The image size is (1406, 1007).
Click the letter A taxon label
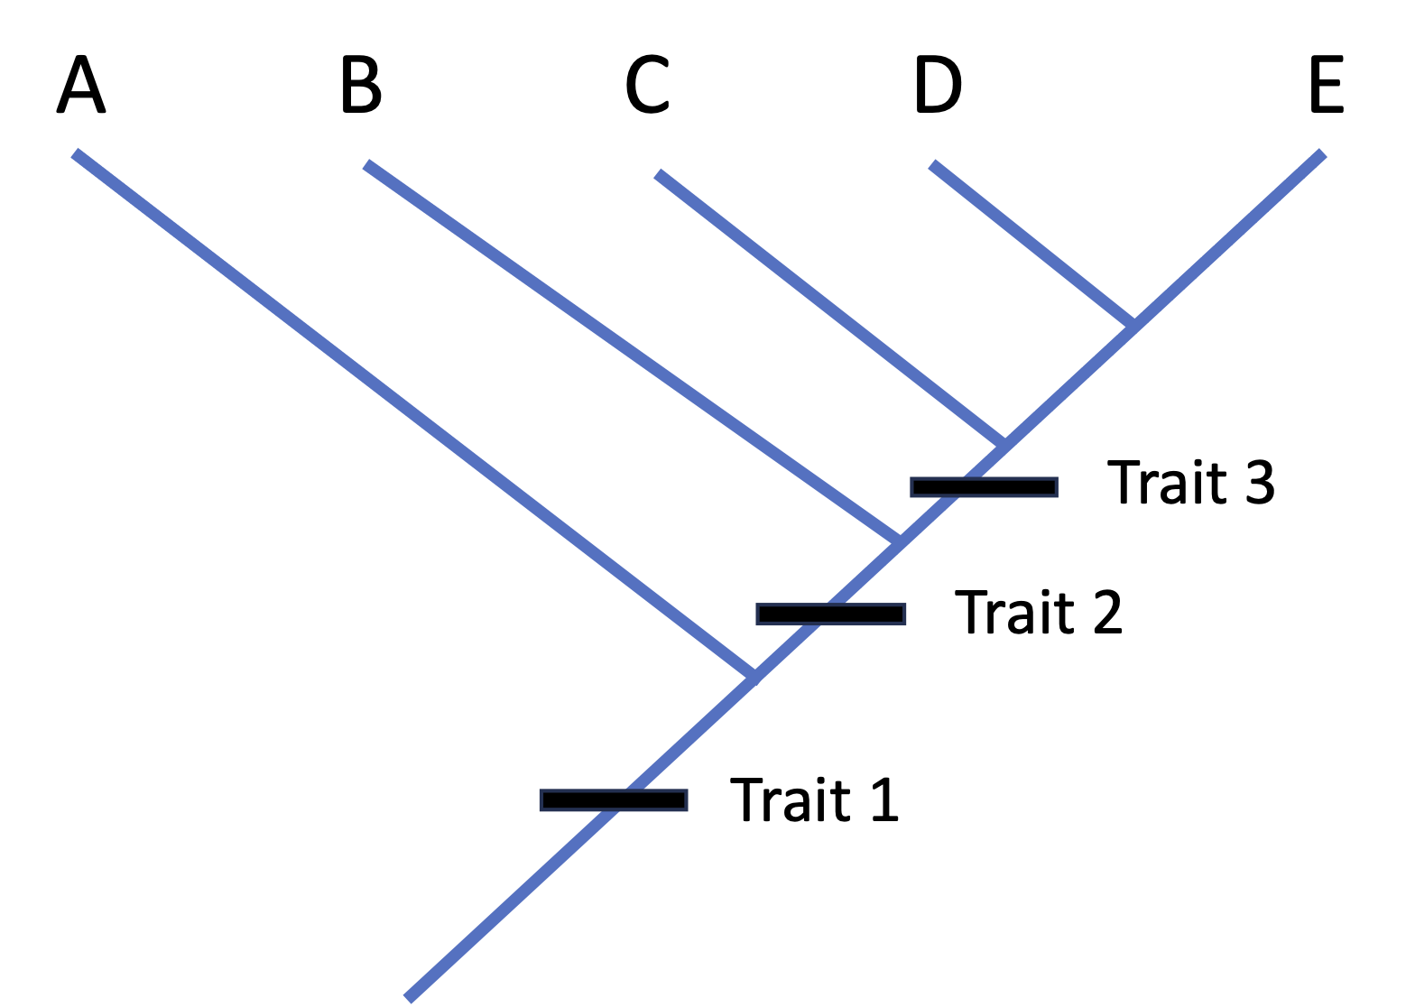click(x=81, y=85)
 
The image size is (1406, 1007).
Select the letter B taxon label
click(x=362, y=85)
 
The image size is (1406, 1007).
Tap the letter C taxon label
click(x=648, y=85)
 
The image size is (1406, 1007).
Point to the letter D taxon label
click(x=939, y=85)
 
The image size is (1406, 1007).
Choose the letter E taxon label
click(x=1327, y=85)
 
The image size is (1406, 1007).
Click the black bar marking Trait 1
click(x=614, y=799)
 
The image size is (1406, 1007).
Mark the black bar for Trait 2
click(x=830, y=614)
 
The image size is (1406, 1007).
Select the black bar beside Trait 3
click(x=984, y=487)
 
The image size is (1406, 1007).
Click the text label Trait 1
click(x=814, y=799)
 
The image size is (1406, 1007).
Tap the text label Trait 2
click(x=1038, y=613)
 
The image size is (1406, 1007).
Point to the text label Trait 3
click(x=1190, y=484)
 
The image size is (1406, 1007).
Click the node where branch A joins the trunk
click(x=754, y=677)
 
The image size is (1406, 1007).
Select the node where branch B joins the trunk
click(x=898, y=540)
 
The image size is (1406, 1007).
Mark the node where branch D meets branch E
click(x=1133, y=322)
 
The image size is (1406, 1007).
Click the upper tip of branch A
click(x=76, y=152)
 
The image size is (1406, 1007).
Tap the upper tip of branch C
click(x=658, y=172)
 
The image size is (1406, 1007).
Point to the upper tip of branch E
click(x=1322, y=152)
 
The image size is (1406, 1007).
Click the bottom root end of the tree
click(x=407, y=998)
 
